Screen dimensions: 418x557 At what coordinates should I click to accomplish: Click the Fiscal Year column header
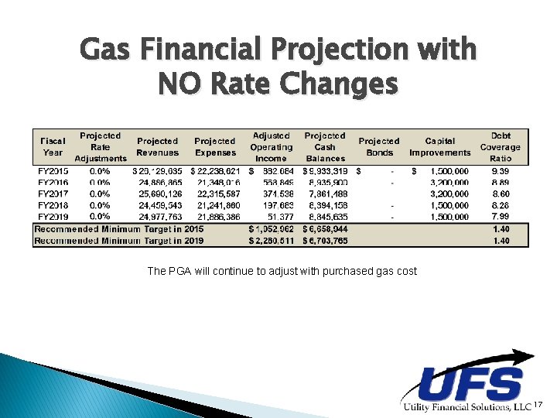click(x=53, y=147)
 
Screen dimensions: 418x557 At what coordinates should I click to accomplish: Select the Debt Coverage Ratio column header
click(x=500, y=147)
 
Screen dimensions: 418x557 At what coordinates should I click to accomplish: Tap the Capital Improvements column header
click(x=439, y=147)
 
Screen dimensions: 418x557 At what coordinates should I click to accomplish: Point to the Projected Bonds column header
click(x=379, y=147)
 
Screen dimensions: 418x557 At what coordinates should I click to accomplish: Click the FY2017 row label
click(x=53, y=194)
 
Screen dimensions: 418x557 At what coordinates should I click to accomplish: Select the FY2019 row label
click(x=53, y=217)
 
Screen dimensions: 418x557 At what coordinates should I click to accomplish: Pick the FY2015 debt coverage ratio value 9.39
click(x=501, y=170)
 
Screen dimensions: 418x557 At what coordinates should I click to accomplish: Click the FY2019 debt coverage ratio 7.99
click(x=501, y=217)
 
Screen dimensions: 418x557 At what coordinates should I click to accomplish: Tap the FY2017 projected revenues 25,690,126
click(x=157, y=194)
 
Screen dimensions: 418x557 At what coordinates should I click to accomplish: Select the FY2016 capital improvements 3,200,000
click(x=446, y=182)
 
